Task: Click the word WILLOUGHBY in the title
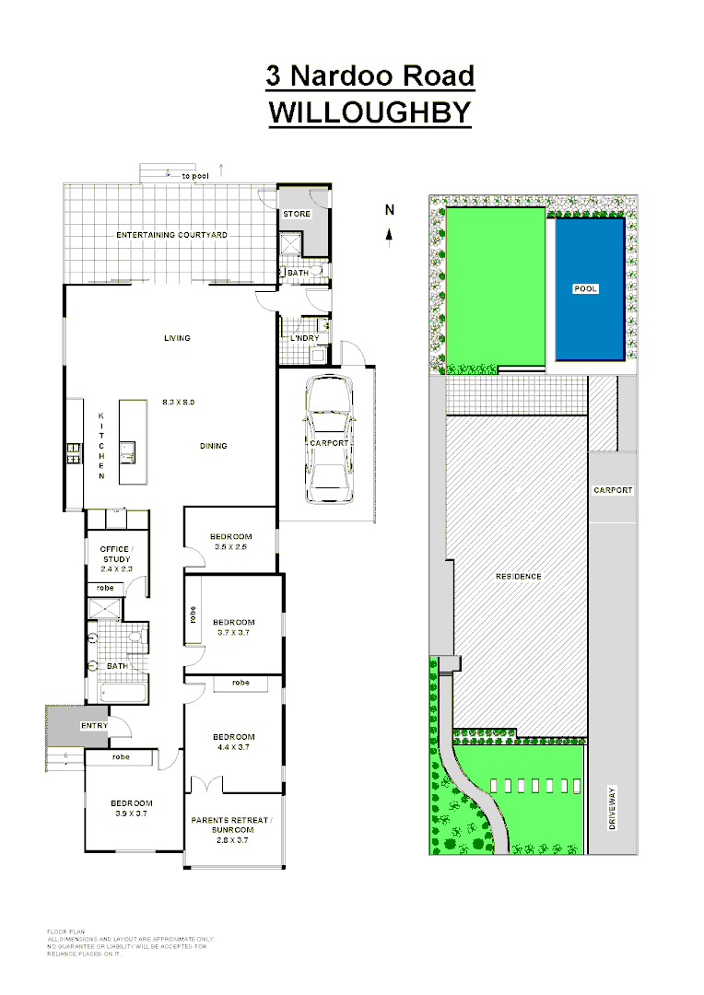(370, 111)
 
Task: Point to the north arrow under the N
(390, 236)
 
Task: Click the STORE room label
(297, 214)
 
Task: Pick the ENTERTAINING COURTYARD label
(172, 235)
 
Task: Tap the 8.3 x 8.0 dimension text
(178, 403)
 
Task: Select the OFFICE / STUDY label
(115, 554)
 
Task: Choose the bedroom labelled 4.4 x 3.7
(233, 742)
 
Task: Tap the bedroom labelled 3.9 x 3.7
(131, 808)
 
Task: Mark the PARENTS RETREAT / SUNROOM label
(231, 825)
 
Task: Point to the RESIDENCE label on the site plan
(519, 576)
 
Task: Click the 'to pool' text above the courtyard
(194, 175)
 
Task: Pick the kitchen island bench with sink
(133, 443)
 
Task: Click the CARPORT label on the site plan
(613, 490)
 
